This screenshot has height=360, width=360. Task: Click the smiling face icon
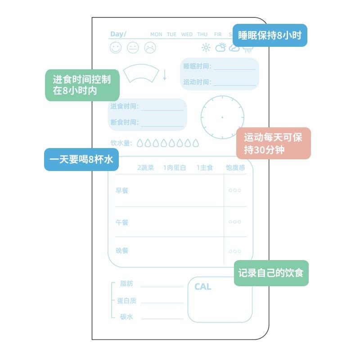[116, 47]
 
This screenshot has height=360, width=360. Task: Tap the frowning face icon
[150, 47]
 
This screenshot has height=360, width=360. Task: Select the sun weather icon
[206, 47]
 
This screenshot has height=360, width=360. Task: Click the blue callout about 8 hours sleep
[270, 35]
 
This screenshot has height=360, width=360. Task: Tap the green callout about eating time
[82, 85]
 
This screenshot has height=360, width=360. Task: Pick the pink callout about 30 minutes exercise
[274, 143]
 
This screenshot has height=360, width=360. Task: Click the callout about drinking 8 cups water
[81, 159]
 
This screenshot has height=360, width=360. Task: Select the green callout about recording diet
[271, 273]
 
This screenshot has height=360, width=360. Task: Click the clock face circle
[222, 117]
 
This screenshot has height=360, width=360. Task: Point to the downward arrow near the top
[165, 75]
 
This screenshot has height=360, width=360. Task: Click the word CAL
[202, 287]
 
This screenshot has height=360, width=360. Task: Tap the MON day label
[156, 34]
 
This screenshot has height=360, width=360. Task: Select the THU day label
[202, 34]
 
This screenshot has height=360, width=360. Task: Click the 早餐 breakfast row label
[122, 190]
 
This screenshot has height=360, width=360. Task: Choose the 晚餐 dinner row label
[122, 251]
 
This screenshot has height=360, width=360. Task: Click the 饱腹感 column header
[235, 168]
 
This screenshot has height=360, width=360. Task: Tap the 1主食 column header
[205, 168]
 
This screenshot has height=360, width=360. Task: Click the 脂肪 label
[126, 283]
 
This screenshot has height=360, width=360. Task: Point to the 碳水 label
[126, 316]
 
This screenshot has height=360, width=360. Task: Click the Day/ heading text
[119, 34]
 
